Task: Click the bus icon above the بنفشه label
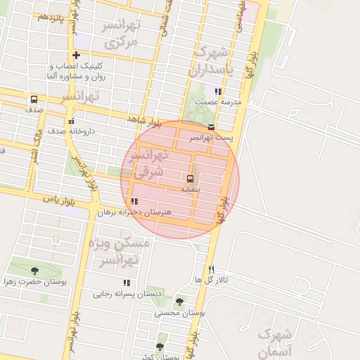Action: [x=191, y=179]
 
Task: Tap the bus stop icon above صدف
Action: [x=34, y=99]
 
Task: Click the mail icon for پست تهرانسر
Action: [x=212, y=127]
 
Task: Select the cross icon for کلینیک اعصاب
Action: [x=76, y=56]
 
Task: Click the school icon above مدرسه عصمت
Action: [x=219, y=91]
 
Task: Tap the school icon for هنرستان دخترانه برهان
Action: [x=134, y=201]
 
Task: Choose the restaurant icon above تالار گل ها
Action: [x=211, y=269]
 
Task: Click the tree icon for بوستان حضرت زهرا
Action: [x=34, y=271]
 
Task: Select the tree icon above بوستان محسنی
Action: [x=179, y=302]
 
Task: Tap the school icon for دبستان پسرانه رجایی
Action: [x=127, y=283]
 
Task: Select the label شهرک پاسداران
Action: [x=219, y=62]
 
